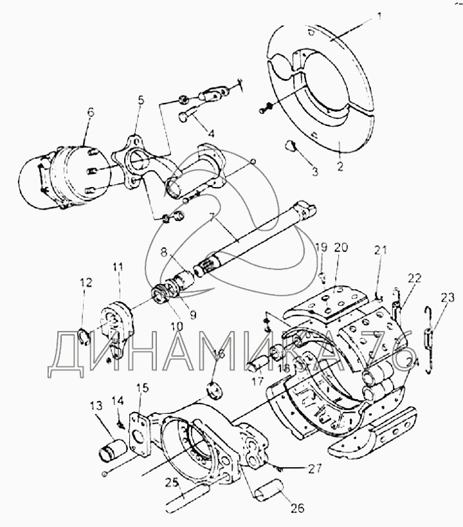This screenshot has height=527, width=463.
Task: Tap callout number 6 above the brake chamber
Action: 89,111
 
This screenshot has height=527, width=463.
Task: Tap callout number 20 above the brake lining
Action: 341,247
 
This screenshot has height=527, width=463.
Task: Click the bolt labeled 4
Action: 188,118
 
